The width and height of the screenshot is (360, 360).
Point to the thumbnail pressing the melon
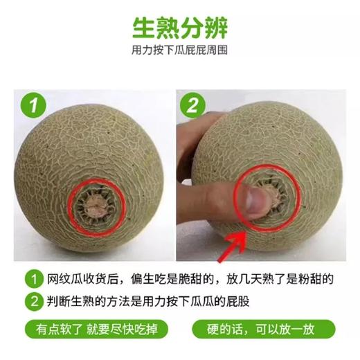click(257, 200)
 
